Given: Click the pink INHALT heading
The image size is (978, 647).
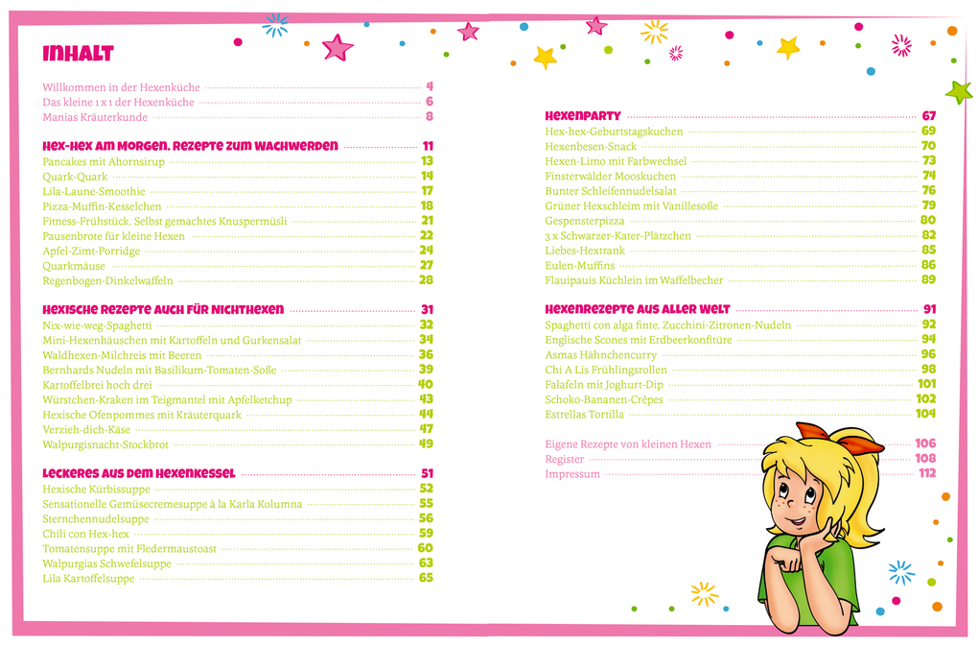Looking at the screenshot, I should click(78, 53).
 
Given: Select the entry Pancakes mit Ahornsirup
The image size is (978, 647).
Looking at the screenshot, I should click(104, 161).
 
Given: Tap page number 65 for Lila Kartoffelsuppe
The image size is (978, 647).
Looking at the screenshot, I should click(426, 578).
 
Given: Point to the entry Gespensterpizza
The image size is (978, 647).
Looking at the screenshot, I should click(585, 221).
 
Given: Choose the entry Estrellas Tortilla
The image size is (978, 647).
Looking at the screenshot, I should click(584, 415).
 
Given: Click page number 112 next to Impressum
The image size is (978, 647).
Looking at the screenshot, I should click(927, 473).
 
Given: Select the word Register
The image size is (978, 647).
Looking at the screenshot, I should click(565, 459).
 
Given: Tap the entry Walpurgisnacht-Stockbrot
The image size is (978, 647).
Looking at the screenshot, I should click(105, 444).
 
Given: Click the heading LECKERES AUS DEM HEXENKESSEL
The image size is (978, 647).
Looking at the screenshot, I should click(139, 473).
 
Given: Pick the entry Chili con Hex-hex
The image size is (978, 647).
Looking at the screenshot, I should click(85, 534).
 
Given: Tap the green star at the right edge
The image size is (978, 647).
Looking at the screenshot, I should click(957, 91).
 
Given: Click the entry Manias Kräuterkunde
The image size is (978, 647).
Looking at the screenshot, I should click(95, 117).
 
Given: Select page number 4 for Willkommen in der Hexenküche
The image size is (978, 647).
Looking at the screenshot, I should click(430, 86).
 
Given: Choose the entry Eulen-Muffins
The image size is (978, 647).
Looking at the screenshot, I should click(579, 265).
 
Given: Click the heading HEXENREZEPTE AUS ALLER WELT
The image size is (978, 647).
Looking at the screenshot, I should click(638, 310).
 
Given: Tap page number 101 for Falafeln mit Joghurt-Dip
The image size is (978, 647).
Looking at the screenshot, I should click(926, 384).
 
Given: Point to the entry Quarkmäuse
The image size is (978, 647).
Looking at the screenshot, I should click(74, 266).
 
